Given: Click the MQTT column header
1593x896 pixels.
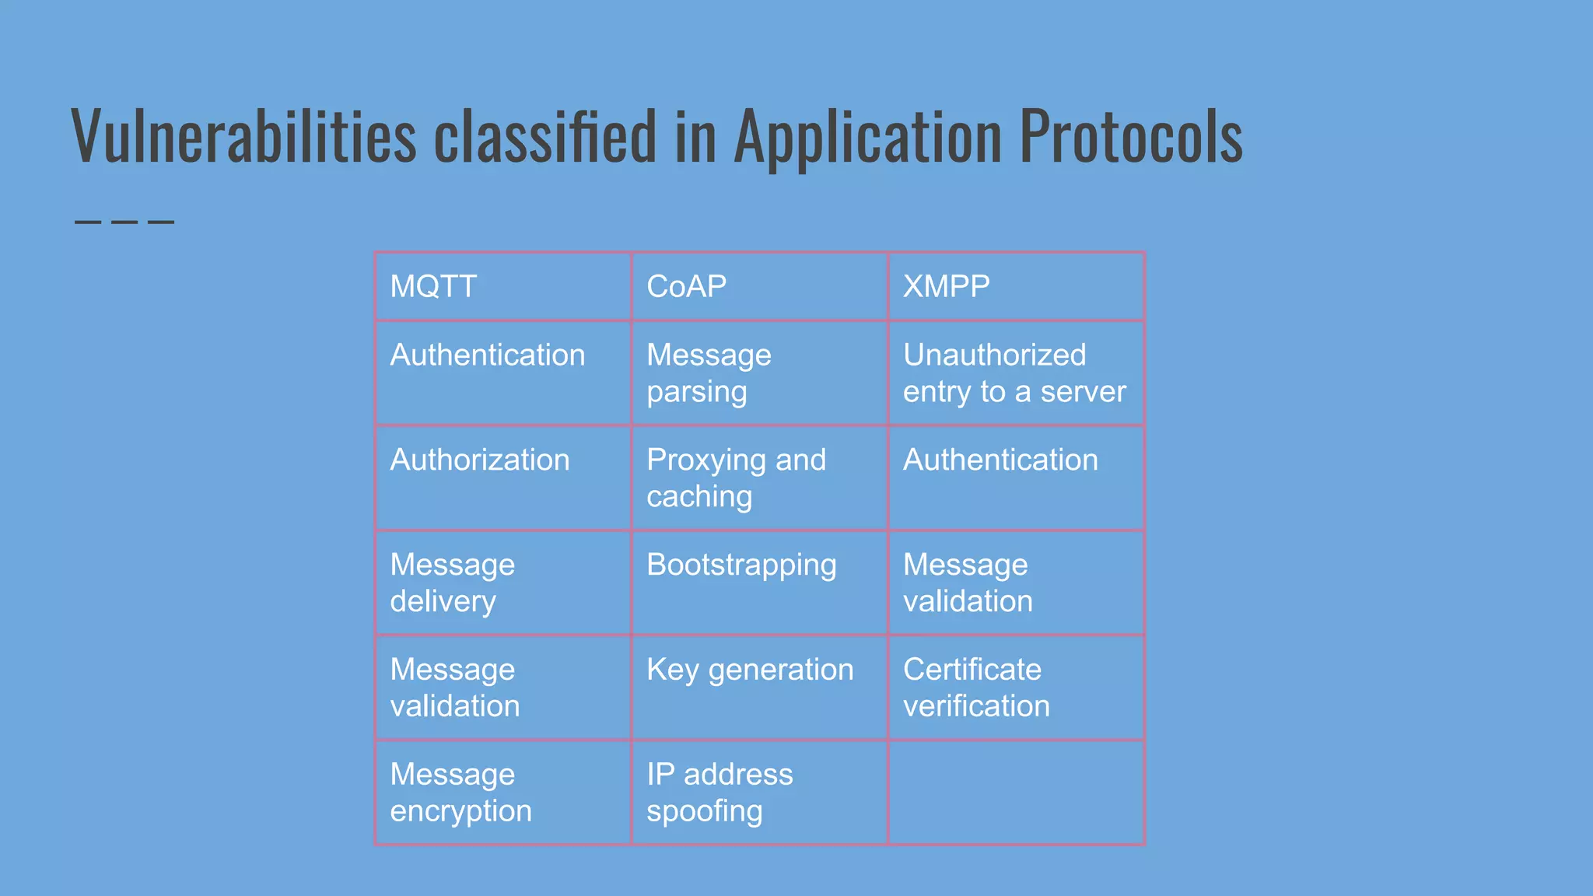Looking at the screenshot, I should pos(433,286).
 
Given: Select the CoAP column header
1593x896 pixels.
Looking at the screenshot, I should pos(686,286).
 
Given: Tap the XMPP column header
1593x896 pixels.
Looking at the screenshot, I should pos(946,286).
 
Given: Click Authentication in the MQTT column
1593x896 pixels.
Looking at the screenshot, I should pos(487,355).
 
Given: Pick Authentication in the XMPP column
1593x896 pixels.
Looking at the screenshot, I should pos(1000,460).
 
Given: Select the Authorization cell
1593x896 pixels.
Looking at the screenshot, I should pos(480,460).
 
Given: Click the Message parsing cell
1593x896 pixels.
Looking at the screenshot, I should pos(709,373).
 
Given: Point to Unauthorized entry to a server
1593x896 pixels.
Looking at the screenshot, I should pos(1014,373).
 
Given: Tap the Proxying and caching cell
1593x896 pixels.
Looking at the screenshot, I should pos(736,478).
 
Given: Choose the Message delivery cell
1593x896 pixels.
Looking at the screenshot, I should pos(452,583).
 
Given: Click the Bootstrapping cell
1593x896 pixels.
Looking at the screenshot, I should pos(741,565).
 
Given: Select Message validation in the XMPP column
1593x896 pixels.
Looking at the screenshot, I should pos(968,583).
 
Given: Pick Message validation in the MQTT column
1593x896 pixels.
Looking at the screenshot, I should pos(454,688).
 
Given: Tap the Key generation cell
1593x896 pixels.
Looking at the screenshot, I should pos(750,670).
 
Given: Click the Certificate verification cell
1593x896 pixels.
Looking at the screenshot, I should pos(976,688).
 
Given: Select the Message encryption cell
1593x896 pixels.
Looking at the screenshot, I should pos(460,793).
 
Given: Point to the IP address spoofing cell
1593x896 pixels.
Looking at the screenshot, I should pos(719,793).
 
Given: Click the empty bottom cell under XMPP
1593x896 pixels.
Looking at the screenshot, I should pos(1016,793).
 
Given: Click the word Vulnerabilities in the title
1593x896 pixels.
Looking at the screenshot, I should pos(243,137).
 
